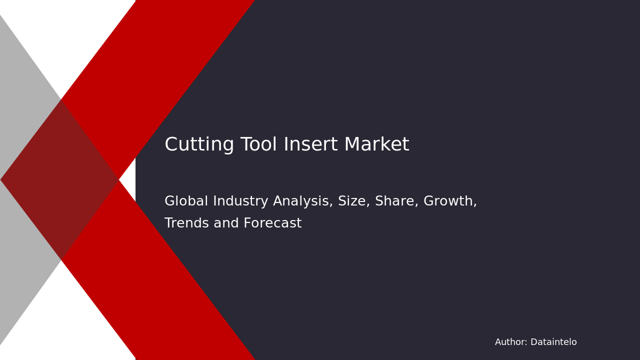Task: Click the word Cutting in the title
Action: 199,144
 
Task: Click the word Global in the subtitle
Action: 186,201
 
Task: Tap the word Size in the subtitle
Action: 354,201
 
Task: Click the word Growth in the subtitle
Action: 450,201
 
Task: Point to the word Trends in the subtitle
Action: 186,223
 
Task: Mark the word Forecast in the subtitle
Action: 272,223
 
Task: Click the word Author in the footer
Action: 511,342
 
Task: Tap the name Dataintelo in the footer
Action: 553,342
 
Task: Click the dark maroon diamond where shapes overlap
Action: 59,179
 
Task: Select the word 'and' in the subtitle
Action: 226,223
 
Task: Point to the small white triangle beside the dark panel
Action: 129,179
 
